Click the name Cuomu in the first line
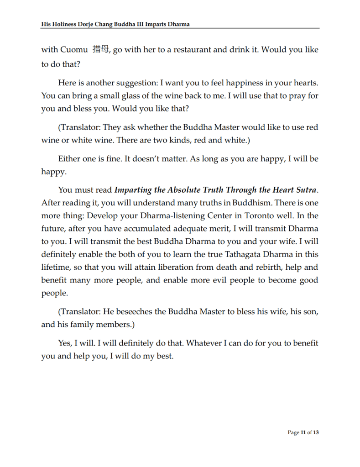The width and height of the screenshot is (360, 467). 74,50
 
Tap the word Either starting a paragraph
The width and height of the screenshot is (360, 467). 70,159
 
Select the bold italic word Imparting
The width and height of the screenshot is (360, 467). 136,190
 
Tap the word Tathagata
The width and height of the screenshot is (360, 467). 257,254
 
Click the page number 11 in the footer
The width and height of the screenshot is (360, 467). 303,433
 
